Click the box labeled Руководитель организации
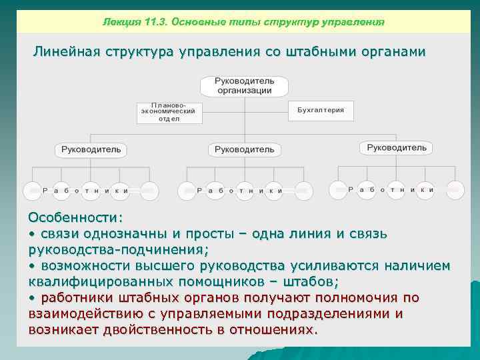pos(244,86)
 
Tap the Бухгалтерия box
pos(321,110)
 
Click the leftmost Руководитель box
pos(91,149)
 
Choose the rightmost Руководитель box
pos(396,147)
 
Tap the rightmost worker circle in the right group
pos(455,189)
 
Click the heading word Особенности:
pos(75,218)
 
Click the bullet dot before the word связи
pos(31,235)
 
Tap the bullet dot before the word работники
pos(31,298)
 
